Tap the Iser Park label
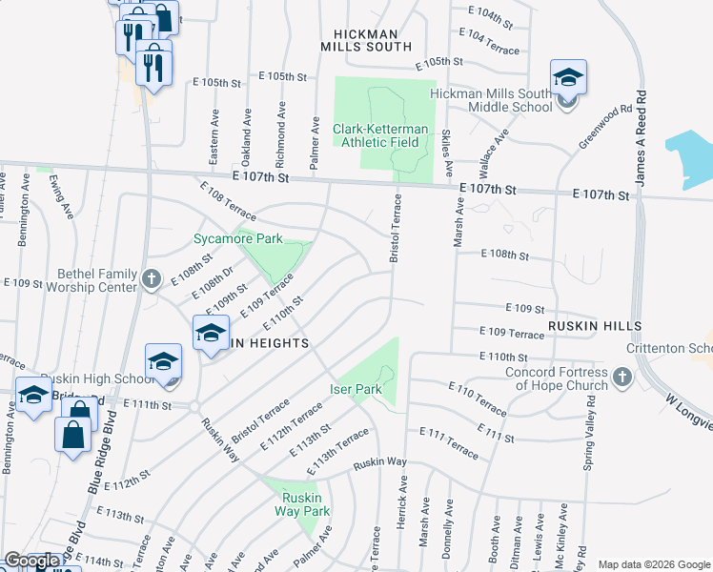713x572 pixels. [x=356, y=389]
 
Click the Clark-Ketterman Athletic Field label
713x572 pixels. [x=381, y=135]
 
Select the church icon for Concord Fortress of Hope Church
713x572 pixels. [x=621, y=378]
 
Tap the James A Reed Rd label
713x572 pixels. [x=643, y=139]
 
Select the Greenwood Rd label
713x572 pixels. [x=605, y=127]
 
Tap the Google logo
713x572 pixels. [x=31, y=562]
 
